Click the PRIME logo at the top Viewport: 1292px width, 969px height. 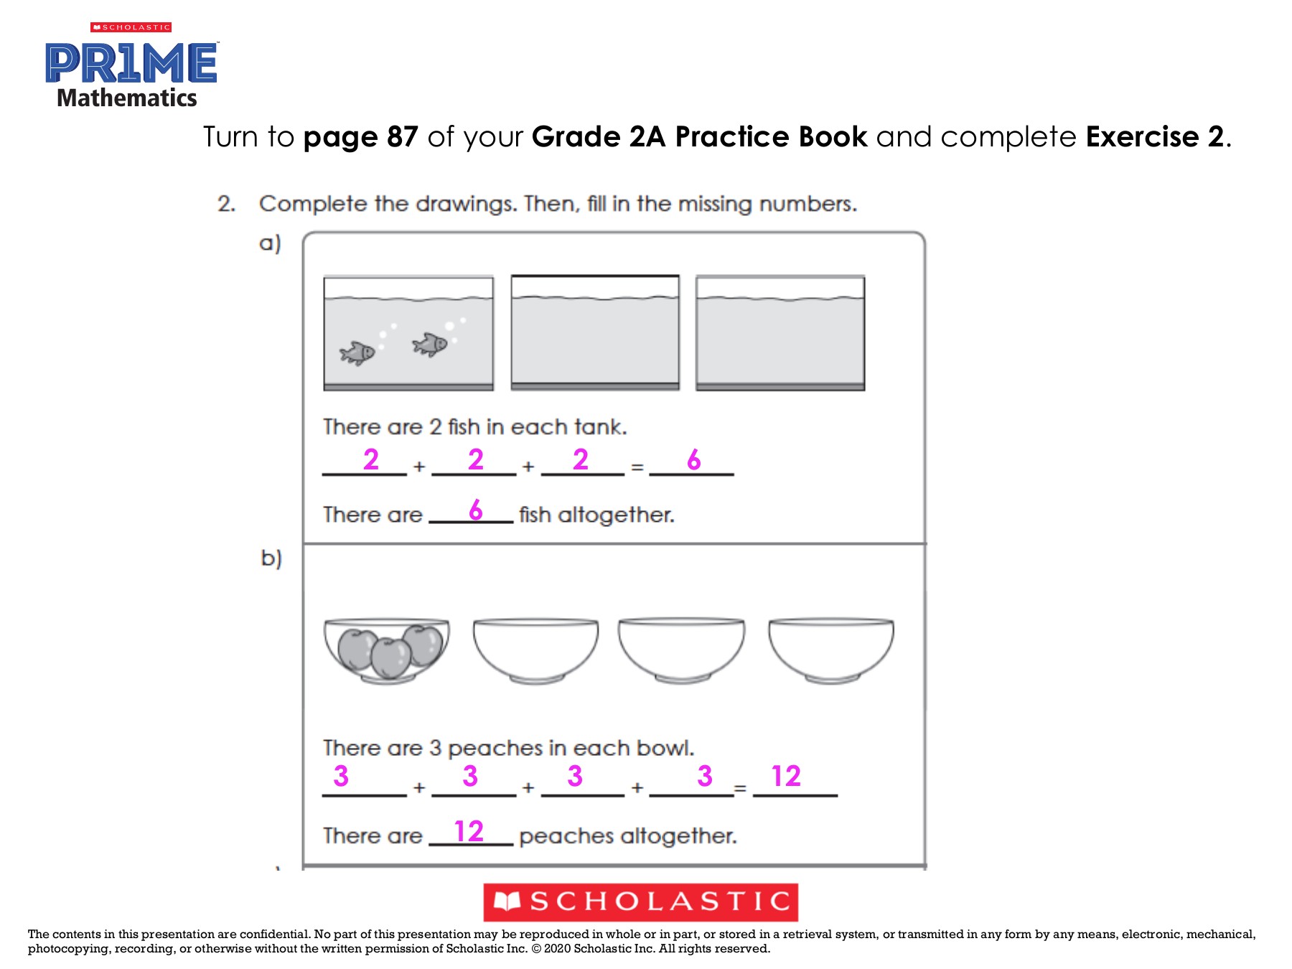tap(131, 63)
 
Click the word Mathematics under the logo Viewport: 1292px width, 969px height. tap(127, 98)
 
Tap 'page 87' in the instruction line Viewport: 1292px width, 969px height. tap(360, 137)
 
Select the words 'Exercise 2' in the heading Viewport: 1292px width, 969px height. tap(1154, 137)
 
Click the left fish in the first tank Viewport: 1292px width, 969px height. tap(357, 352)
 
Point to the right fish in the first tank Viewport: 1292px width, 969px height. tap(430, 345)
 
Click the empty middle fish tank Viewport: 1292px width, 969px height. tap(595, 333)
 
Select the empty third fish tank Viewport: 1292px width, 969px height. tap(780, 333)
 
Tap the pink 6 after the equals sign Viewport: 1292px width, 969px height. tap(693, 460)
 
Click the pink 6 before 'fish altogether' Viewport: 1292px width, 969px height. tap(476, 510)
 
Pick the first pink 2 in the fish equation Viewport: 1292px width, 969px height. tap(370, 459)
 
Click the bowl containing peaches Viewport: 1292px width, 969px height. tap(387, 650)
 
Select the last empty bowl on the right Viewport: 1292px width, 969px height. tap(831, 650)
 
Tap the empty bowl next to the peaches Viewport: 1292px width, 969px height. tap(535, 650)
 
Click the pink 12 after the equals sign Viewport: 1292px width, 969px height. tap(785, 776)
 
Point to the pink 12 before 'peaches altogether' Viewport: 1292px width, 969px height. tap(469, 832)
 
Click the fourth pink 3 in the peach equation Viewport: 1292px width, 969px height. tap(705, 776)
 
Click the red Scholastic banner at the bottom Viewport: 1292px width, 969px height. tap(640, 902)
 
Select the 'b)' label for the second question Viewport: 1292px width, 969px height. tap(271, 558)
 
